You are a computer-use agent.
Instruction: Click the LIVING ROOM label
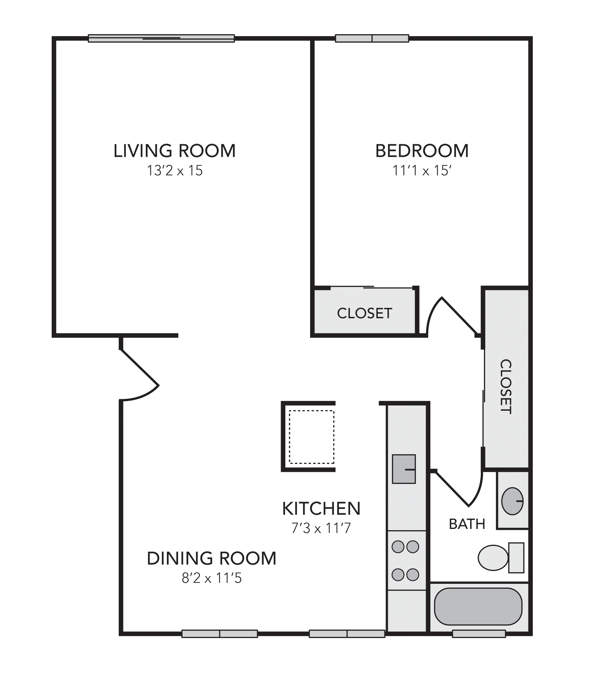tap(174, 151)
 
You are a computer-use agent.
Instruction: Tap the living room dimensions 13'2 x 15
tap(174, 171)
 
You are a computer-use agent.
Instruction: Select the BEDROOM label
tap(422, 151)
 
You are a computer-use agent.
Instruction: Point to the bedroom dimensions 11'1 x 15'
tap(422, 171)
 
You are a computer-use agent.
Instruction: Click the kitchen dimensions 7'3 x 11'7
tap(321, 528)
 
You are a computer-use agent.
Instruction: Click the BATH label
tap(467, 524)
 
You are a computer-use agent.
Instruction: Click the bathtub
tap(478, 607)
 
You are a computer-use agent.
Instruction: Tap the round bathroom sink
tap(512, 501)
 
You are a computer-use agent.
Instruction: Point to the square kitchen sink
tap(404, 469)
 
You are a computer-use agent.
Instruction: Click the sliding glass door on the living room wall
tap(161, 39)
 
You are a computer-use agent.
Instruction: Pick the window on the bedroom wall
tap(372, 39)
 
